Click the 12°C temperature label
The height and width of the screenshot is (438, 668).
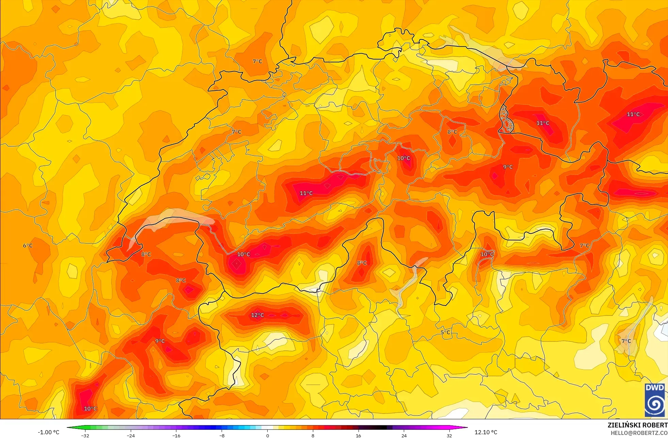[x=257, y=315]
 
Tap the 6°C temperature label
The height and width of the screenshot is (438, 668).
[x=28, y=246]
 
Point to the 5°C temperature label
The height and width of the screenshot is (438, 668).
[x=445, y=332]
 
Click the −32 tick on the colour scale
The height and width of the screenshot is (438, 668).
[x=85, y=435]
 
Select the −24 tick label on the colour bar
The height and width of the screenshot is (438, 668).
[x=131, y=435]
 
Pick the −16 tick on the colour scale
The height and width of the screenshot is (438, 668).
[x=176, y=435]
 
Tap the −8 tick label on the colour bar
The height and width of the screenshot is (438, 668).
[x=222, y=435]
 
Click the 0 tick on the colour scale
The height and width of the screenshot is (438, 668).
[x=267, y=435]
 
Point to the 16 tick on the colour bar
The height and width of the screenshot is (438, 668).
[x=358, y=435]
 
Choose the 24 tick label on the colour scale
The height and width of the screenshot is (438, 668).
[x=404, y=435]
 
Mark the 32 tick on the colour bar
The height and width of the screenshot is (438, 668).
[x=449, y=435]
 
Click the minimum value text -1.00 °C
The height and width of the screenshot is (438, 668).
[x=48, y=432]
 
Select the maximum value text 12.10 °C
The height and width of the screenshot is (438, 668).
[x=486, y=432]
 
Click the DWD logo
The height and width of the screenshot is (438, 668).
[x=655, y=400]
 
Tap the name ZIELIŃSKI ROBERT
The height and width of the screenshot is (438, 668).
[x=637, y=425]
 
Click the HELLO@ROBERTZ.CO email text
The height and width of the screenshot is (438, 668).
[x=639, y=433]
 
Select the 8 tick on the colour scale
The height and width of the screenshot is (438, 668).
[x=313, y=435]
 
